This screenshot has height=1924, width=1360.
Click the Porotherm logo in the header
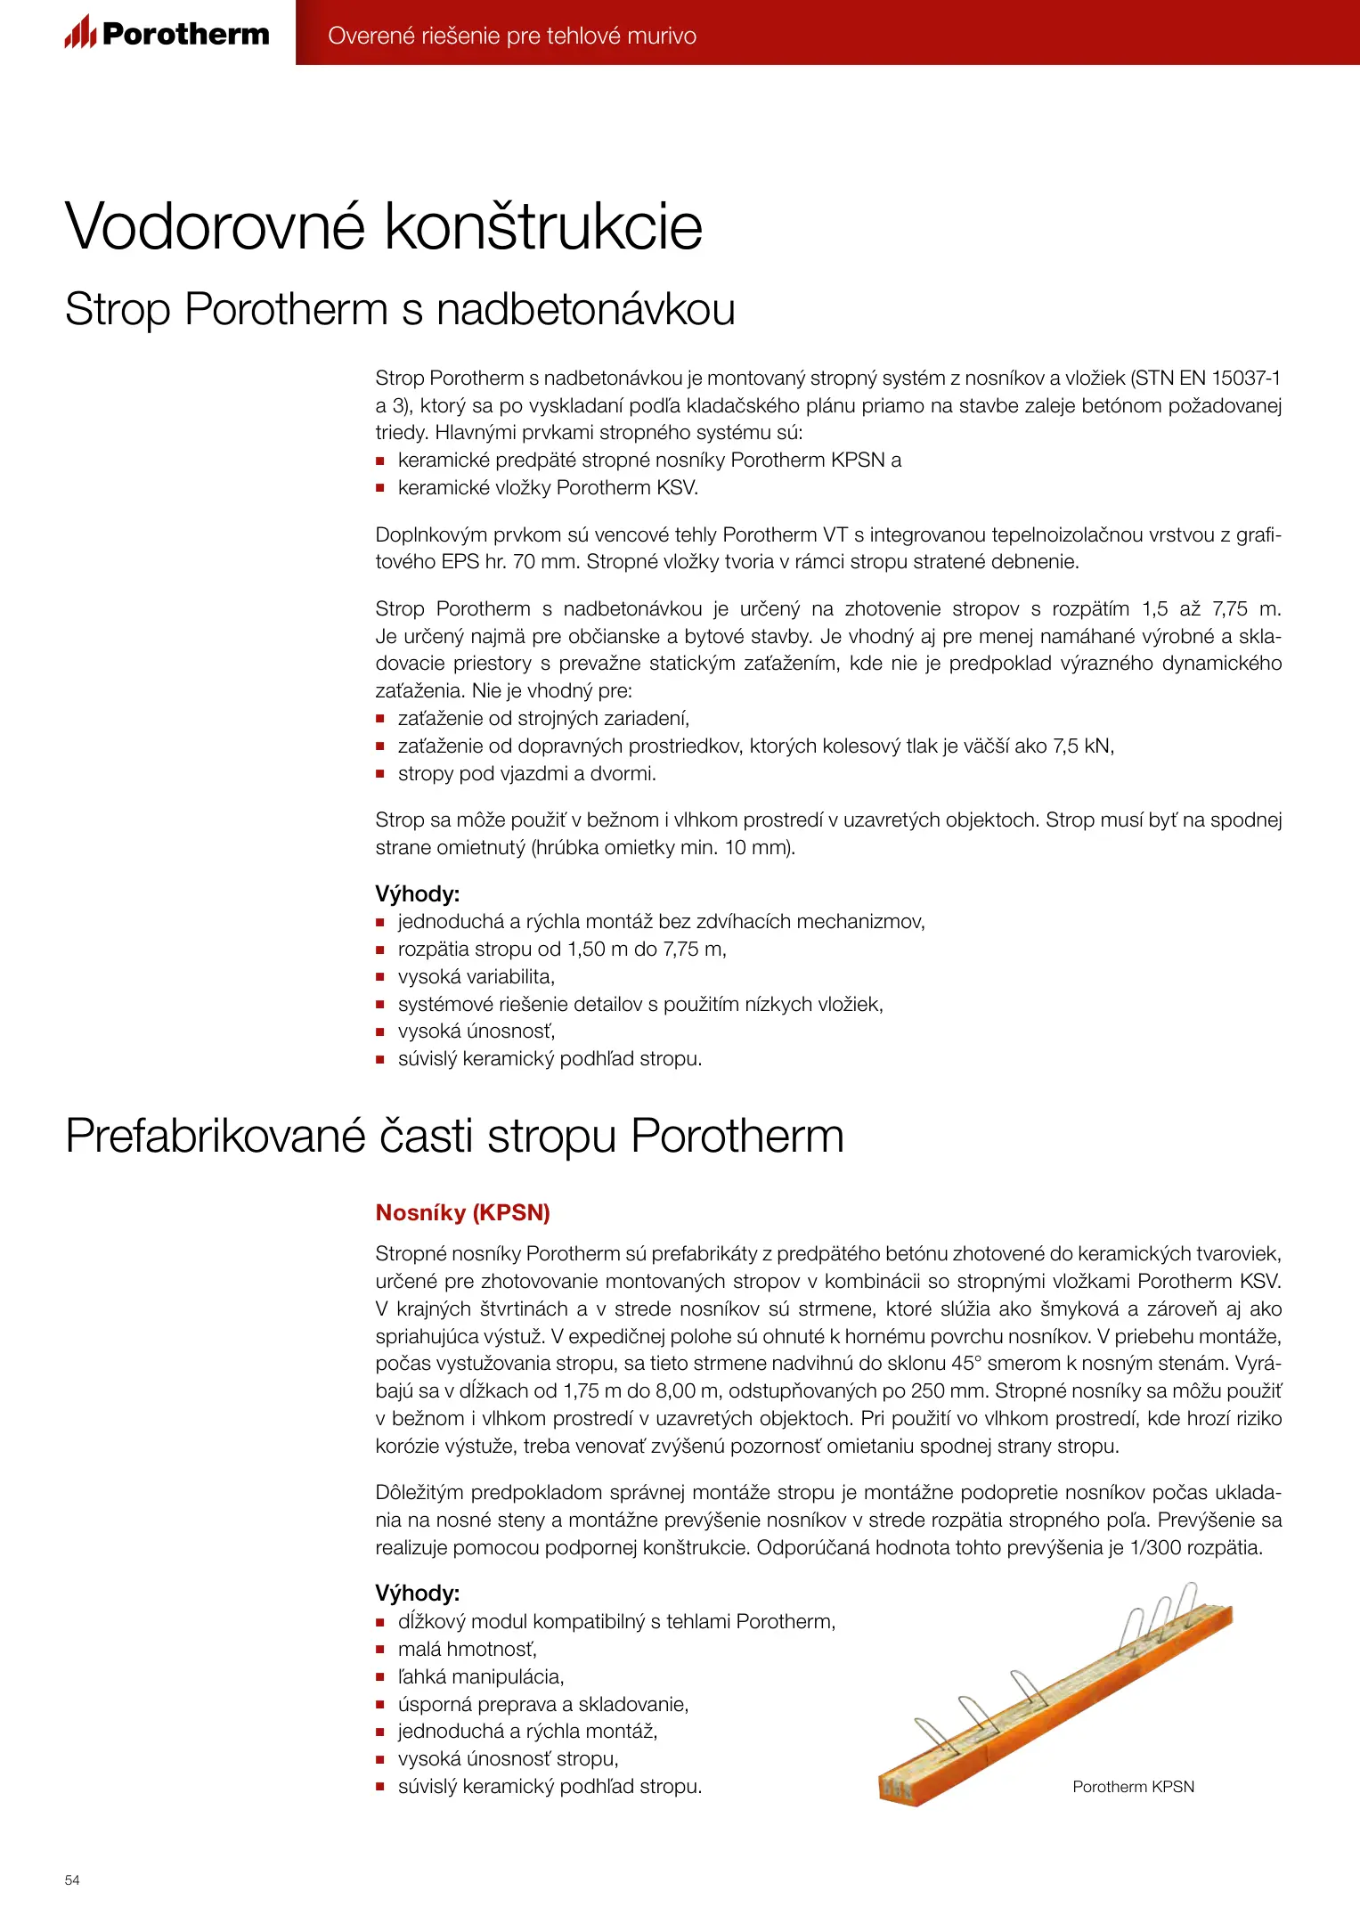click(167, 34)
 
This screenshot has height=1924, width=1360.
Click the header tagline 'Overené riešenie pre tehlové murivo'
click(511, 36)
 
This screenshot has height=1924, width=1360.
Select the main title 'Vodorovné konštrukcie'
click(384, 226)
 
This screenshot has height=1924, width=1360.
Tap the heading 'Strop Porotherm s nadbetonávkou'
click(400, 309)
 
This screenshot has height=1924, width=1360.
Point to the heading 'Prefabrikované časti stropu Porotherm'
click(454, 1136)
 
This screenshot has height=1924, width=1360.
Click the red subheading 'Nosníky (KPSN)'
click(462, 1212)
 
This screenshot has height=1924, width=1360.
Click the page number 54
click(72, 1879)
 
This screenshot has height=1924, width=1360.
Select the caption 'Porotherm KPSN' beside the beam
click(1133, 1787)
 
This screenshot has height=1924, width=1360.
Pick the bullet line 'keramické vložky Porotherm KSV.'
click(548, 488)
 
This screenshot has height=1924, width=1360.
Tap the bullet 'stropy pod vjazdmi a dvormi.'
click(526, 774)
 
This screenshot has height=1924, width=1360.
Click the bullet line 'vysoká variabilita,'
click(476, 977)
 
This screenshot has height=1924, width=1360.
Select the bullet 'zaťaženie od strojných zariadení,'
click(543, 719)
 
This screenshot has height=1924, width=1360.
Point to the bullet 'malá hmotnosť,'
click(467, 1650)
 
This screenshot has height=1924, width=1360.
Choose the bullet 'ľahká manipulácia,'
click(481, 1677)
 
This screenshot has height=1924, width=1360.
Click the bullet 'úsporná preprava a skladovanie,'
click(543, 1705)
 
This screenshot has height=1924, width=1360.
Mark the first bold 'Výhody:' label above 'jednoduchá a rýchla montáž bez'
click(417, 894)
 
